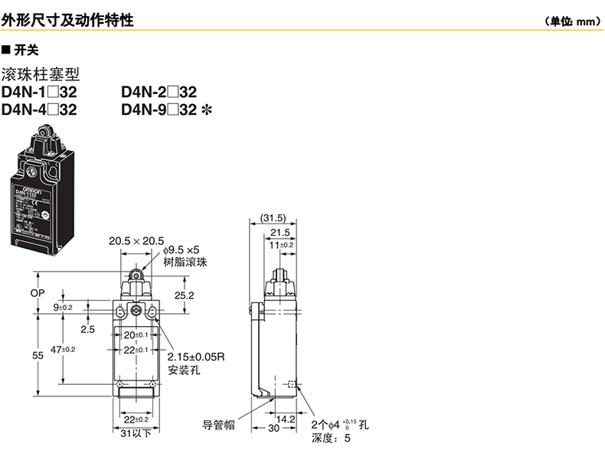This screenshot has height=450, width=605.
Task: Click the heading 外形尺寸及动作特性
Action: tap(67, 21)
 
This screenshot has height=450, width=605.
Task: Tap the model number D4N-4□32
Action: tap(40, 109)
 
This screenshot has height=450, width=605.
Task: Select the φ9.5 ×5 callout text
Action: tap(181, 250)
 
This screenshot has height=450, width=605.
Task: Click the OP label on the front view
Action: tap(38, 293)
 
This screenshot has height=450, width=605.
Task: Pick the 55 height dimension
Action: tap(38, 356)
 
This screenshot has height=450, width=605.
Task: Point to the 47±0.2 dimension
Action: tap(64, 349)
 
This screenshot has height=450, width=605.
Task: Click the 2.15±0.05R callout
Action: tap(199, 357)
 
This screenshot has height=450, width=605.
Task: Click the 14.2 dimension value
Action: tap(286, 419)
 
